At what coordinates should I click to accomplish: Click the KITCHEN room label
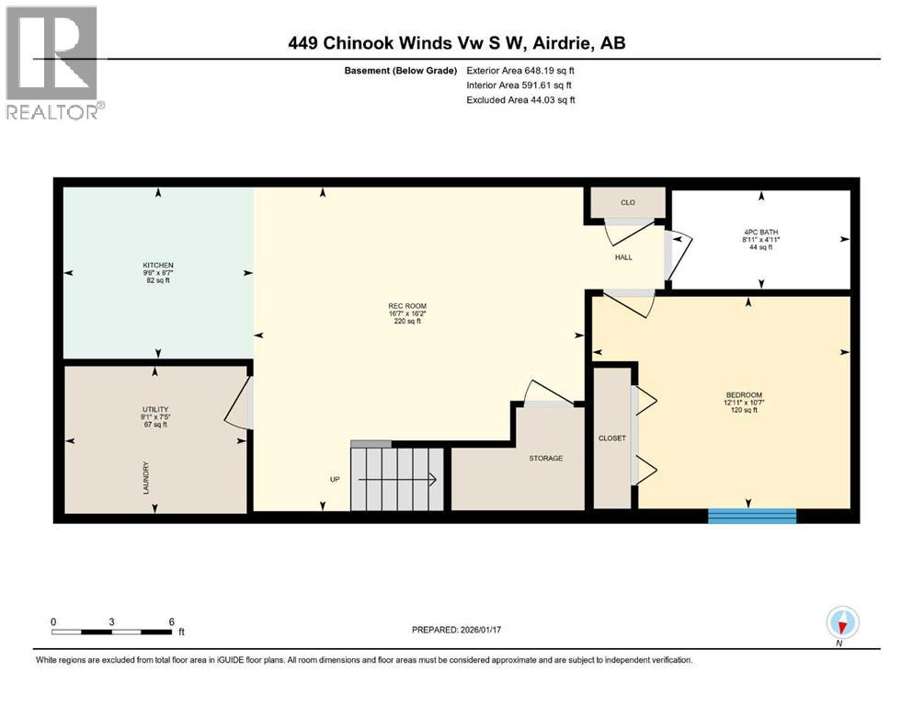(157, 265)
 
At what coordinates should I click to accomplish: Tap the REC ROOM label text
(408, 306)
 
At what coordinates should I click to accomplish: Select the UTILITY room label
(155, 409)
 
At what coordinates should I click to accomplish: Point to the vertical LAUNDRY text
(145, 479)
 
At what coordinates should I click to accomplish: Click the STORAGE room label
(545, 458)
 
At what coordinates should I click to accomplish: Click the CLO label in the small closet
(628, 202)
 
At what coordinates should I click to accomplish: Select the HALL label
(623, 257)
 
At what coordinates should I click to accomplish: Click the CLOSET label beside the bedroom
(611, 438)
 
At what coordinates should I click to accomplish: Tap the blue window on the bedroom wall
(751, 516)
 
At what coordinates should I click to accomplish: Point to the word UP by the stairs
(337, 479)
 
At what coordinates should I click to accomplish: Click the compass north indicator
(842, 624)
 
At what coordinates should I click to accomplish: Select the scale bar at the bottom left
(112, 632)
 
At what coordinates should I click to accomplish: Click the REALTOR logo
(53, 62)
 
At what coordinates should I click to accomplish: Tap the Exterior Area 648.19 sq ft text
(521, 70)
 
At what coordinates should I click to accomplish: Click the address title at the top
(457, 42)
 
